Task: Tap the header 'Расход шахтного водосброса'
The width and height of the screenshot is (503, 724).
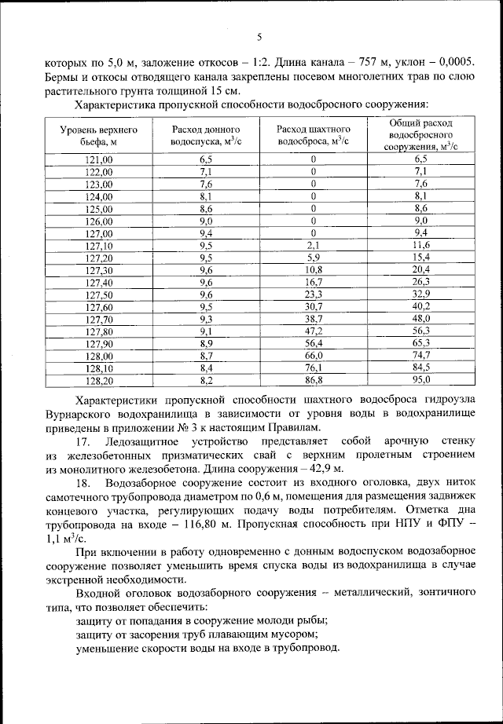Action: pyautogui.click(x=313, y=135)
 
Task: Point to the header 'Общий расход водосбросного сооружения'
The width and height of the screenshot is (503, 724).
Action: pyautogui.click(x=420, y=135)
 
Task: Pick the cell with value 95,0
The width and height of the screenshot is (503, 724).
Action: pyautogui.click(x=421, y=381)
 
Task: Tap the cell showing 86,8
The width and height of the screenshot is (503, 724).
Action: pyautogui.click(x=313, y=381)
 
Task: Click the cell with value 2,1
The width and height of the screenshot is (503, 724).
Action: pyautogui.click(x=313, y=246)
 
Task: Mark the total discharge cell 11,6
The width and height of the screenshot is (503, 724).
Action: pyautogui.click(x=421, y=246)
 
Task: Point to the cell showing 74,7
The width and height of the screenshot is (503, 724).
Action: pyautogui.click(x=421, y=357)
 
